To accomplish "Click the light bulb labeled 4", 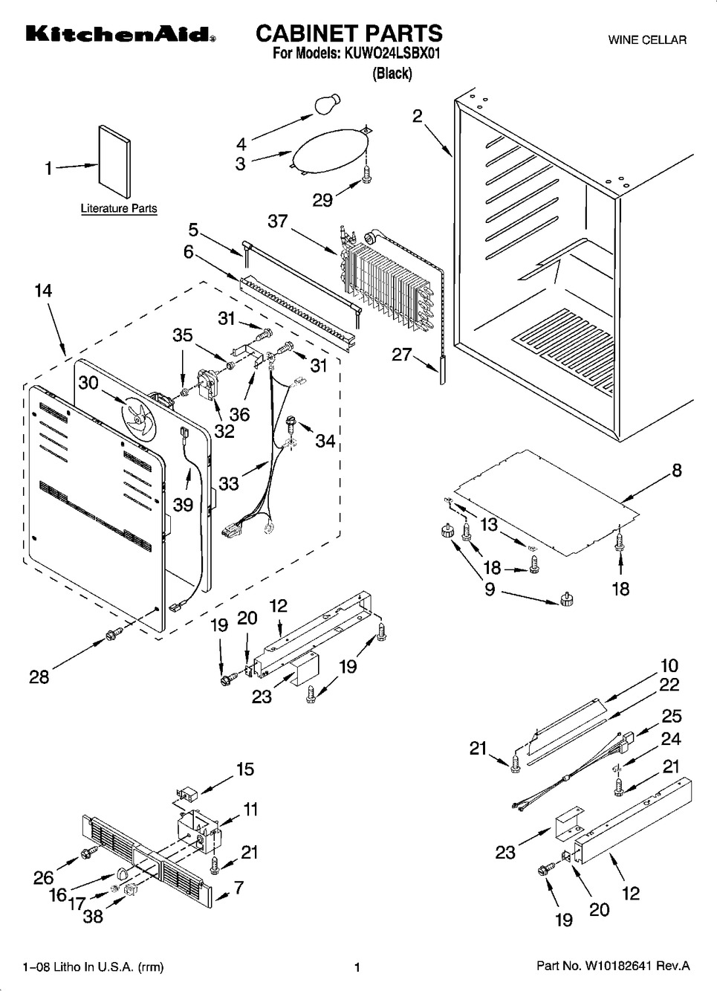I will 328,104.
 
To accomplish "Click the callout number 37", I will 277,222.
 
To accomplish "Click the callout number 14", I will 43,291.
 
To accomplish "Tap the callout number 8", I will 676,470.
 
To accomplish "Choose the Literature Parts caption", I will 119,209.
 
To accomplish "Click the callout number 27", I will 402,355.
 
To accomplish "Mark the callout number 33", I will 229,482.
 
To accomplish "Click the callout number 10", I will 669,665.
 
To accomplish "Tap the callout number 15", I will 245,769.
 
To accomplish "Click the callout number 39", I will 183,505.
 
